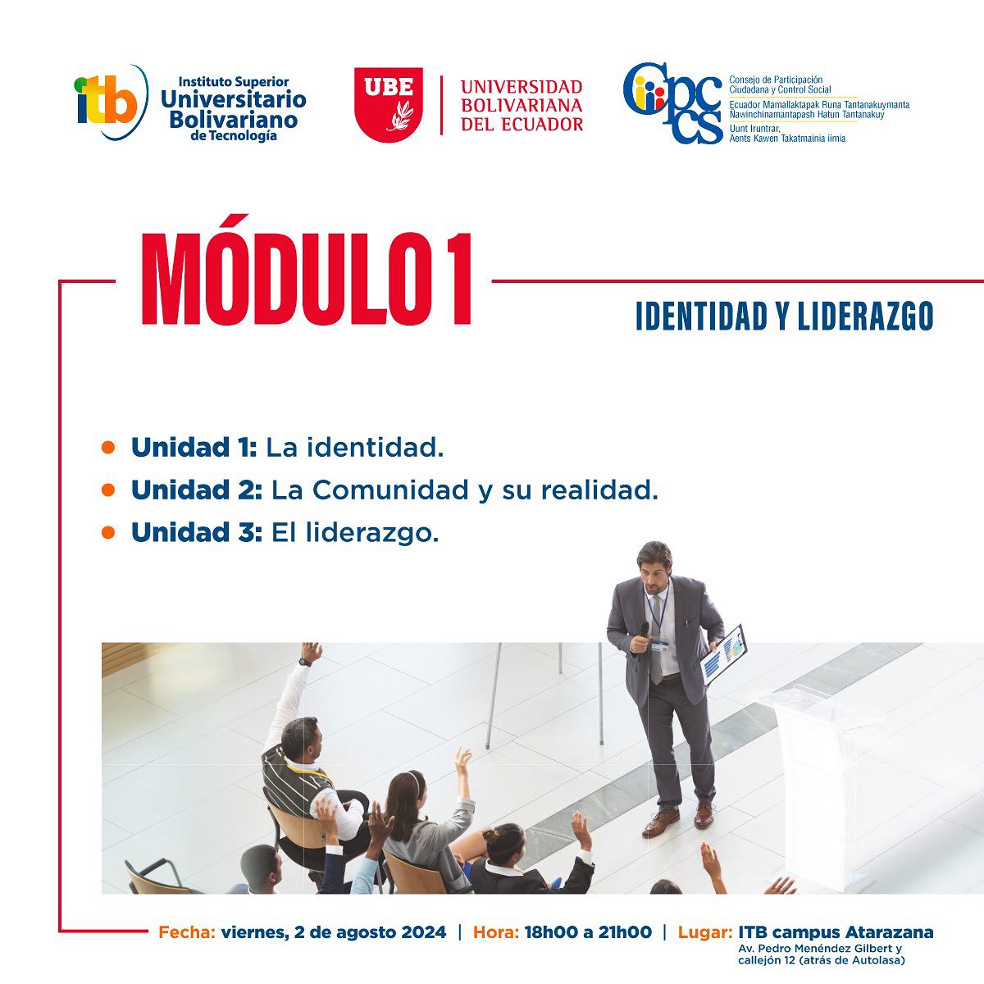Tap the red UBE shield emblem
pyautogui.click(x=389, y=104)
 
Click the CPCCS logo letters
pyautogui.click(x=672, y=104)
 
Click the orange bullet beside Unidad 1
pyautogui.click(x=107, y=448)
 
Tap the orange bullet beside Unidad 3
pyautogui.click(x=107, y=533)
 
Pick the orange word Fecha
pyautogui.click(x=187, y=932)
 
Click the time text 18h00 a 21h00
pyautogui.click(x=588, y=932)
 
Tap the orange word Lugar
pyautogui.click(x=705, y=932)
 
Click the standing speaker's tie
pyautogui.click(x=656, y=640)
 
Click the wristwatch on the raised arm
pyautogui.click(x=305, y=661)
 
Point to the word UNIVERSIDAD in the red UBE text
pyautogui.click(x=522, y=87)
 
